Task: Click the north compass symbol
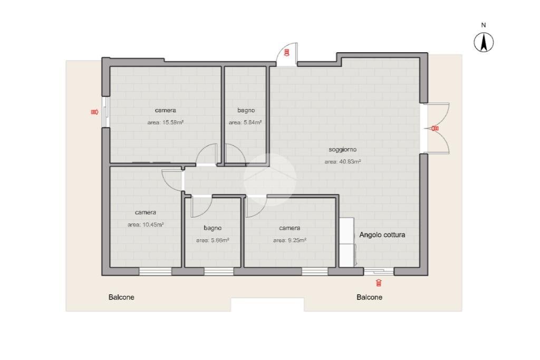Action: tap(484, 42)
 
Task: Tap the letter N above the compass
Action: tap(484, 25)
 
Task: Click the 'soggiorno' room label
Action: tap(342, 149)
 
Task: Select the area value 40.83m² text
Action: tap(343, 161)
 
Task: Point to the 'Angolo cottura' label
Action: tap(382, 235)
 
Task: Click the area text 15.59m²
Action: tap(165, 122)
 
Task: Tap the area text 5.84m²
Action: tap(245, 122)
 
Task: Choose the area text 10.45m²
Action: tap(146, 225)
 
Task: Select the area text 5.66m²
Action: tap(213, 240)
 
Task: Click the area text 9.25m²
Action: tap(290, 240)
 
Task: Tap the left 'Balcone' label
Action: tap(121, 297)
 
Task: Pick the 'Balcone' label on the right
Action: tap(369, 297)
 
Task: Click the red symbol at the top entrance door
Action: tap(286, 53)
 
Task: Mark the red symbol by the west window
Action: tap(95, 112)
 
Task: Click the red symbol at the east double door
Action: tap(435, 129)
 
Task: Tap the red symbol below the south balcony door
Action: tap(379, 283)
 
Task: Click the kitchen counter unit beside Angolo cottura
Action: tap(348, 242)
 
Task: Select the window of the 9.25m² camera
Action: tap(315, 271)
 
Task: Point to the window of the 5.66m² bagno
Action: tap(219, 271)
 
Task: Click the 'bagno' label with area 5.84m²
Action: tap(246, 110)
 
